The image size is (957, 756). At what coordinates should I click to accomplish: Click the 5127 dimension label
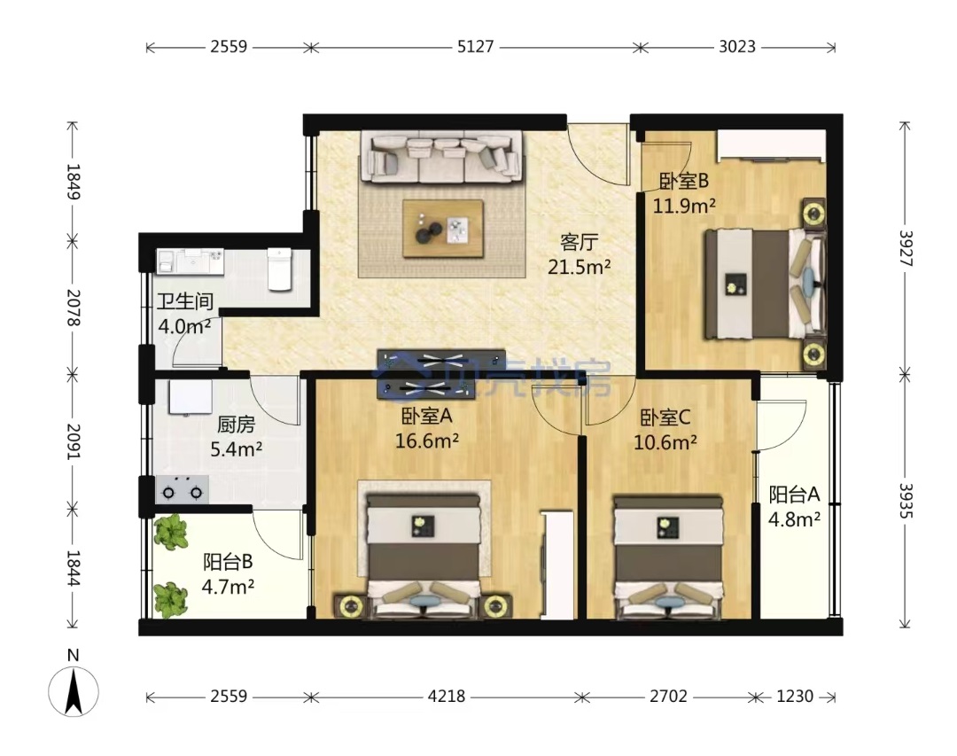[x=475, y=47]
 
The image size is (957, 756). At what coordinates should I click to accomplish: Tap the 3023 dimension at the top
[x=736, y=47]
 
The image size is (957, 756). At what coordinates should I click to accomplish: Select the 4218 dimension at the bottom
[x=446, y=696]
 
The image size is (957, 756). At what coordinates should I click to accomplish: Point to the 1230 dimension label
[x=795, y=696]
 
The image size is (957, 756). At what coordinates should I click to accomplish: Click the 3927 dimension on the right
[x=905, y=248]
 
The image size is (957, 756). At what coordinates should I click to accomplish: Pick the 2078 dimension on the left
[x=74, y=308]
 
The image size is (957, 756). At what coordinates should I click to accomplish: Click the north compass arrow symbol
[x=74, y=692]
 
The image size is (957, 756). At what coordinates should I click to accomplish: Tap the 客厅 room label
[x=579, y=243]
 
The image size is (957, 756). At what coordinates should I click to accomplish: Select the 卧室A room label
[x=426, y=416]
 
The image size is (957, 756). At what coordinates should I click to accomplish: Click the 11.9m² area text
[x=684, y=206]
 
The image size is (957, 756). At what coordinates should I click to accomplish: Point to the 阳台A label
[x=794, y=494]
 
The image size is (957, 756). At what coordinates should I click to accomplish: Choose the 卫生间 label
[x=185, y=301]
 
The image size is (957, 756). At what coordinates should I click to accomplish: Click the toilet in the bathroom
[x=280, y=268]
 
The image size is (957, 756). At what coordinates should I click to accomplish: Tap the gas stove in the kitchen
[x=183, y=490]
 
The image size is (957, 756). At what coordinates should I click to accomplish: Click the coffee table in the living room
[x=443, y=229]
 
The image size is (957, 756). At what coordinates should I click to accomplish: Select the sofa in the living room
[x=442, y=157]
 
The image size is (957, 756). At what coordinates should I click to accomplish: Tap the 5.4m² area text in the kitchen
[x=237, y=449]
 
